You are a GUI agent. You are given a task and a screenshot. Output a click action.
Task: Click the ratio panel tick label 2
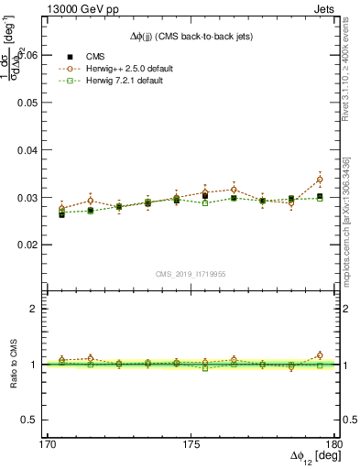click(42, 310)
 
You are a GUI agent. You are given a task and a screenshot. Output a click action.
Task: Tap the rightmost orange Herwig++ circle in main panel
click(319, 180)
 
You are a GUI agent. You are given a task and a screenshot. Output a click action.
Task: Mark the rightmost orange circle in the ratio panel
click(319, 355)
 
